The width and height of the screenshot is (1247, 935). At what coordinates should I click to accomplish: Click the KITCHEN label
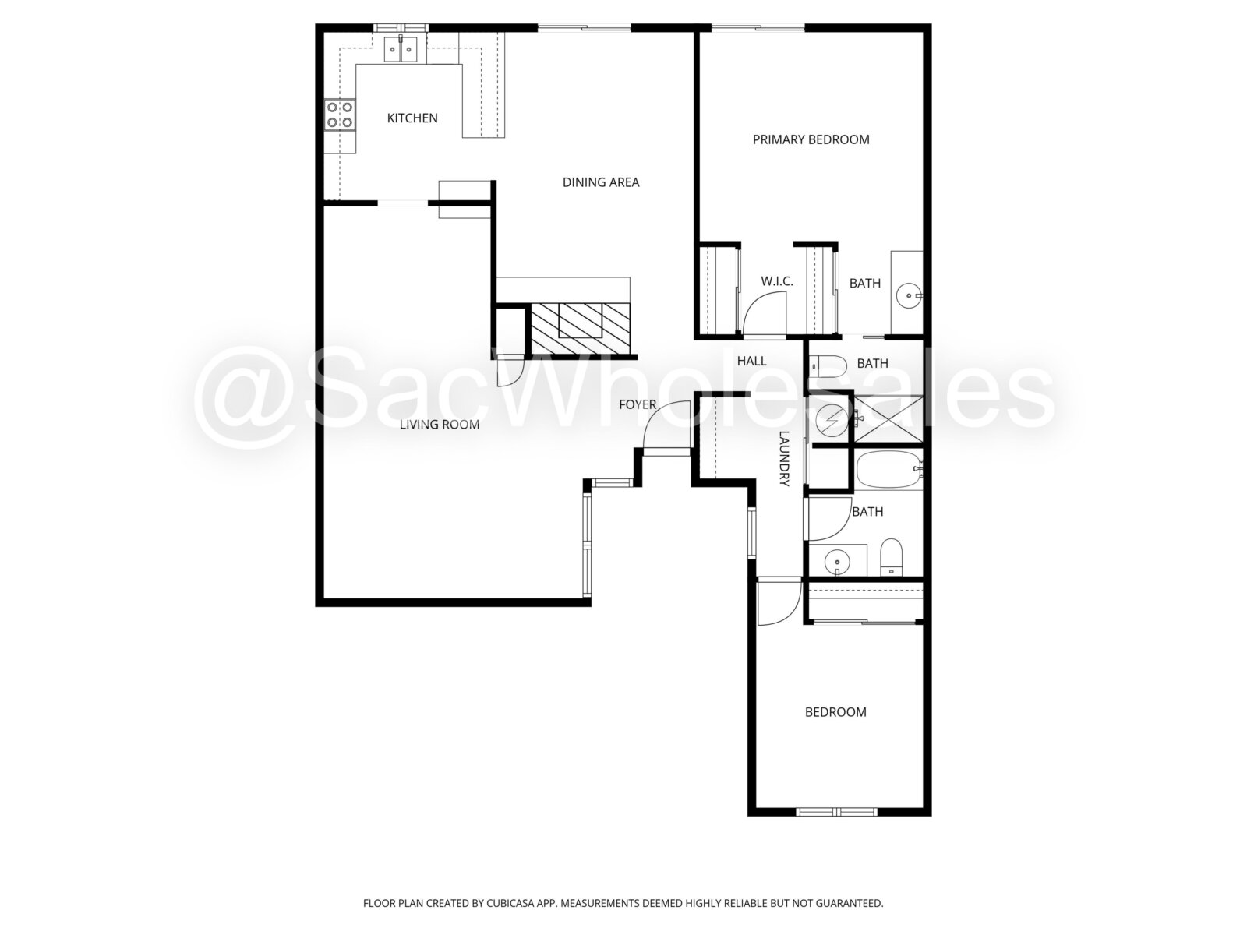(x=412, y=118)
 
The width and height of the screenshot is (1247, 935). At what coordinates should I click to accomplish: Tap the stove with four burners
(x=340, y=115)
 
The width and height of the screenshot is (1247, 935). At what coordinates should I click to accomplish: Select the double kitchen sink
(x=401, y=49)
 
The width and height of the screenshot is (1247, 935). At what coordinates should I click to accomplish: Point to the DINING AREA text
(x=600, y=182)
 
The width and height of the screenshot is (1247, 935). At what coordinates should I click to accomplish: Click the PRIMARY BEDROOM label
(x=811, y=139)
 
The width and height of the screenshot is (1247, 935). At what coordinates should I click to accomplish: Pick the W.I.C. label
(x=776, y=281)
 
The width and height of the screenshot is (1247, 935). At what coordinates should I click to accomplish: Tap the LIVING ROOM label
(x=439, y=425)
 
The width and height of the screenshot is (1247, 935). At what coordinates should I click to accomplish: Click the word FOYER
(x=638, y=404)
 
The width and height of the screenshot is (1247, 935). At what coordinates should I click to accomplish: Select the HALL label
(x=751, y=361)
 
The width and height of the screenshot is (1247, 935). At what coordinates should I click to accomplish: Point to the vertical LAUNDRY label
(x=784, y=459)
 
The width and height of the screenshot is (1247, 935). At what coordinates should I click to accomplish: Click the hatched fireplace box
(x=580, y=330)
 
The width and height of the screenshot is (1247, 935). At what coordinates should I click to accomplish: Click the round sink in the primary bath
(x=909, y=296)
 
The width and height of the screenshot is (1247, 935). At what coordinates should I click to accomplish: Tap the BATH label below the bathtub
(x=867, y=512)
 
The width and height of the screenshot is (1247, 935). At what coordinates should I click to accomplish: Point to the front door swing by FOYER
(x=666, y=425)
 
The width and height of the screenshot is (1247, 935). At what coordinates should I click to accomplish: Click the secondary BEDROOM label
(x=835, y=712)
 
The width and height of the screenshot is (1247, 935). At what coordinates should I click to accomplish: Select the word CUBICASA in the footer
(x=510, y=903)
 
